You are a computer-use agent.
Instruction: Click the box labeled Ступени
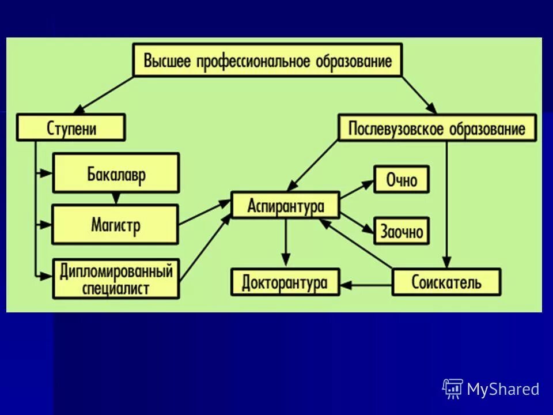coord(71,127)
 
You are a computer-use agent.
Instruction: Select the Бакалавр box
coord(116,173)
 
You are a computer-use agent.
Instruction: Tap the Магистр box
coord(115,224)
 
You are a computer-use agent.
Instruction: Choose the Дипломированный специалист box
coord(116,279)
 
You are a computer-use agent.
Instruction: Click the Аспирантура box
coord(285,205)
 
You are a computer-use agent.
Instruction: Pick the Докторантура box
coord(285,282)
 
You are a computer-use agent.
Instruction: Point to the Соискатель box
coord(446,282)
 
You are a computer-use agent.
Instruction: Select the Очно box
coord(402,180)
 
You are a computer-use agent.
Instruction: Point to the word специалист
coord(116,288)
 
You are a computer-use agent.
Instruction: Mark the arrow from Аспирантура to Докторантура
coord(285,242)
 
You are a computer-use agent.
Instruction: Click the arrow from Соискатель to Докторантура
coord(366,283)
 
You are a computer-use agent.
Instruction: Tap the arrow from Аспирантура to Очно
coord(357,191)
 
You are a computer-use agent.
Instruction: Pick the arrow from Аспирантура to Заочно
coord(357,222)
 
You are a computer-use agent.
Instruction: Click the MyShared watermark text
coord(503,389)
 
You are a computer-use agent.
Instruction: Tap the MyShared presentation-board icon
coord(453,388)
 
